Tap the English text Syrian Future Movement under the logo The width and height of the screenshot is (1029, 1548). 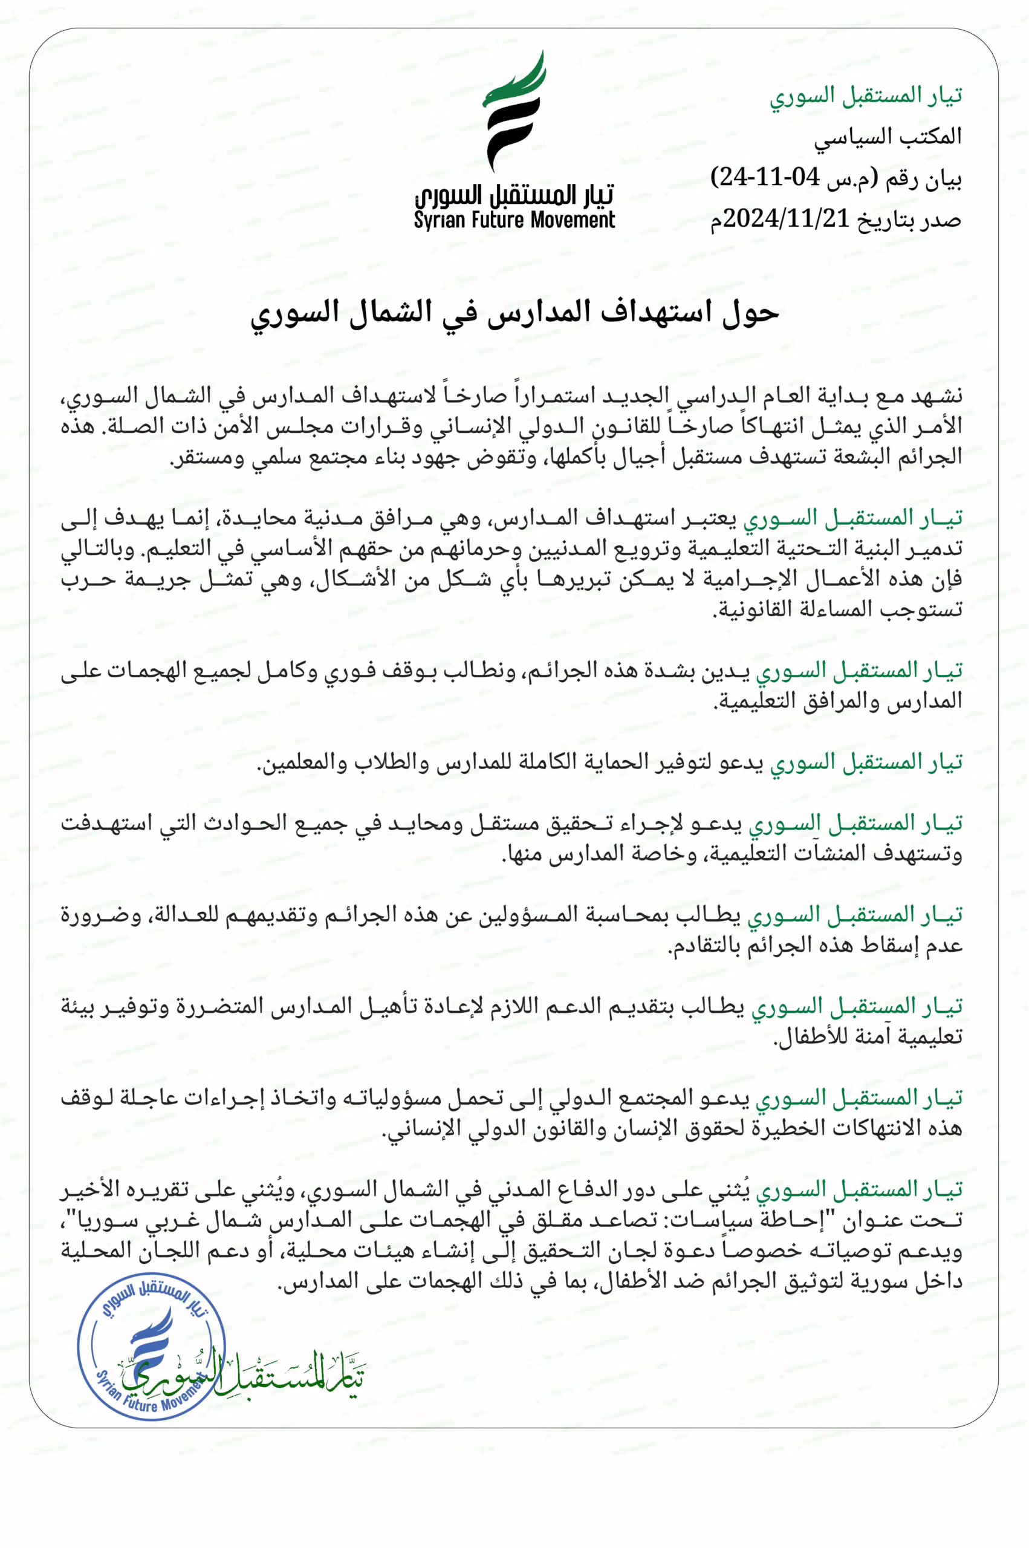coord(514,221)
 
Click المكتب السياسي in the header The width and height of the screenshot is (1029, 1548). coord(888,137)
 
